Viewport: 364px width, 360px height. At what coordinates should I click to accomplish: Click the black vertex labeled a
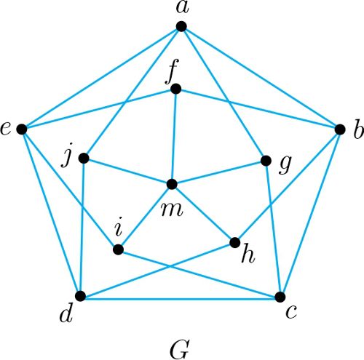pyautogui.click(x=181, y=26)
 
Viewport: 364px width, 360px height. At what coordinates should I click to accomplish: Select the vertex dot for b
pyautogui.click(x=340, y=129)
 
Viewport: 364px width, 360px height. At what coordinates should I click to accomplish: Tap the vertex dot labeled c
pyautogui.click(x=280, y=297)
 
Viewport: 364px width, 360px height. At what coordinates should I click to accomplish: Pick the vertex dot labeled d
pyautogui.click(x=81, y=296)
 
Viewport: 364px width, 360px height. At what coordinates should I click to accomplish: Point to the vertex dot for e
pyautogui.click(x=22, y=129)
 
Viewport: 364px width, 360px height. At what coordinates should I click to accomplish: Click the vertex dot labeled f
pyautogui.click(x=176, y=89)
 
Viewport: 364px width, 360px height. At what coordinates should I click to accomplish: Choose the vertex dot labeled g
pyautogui.click(x=266, y=161)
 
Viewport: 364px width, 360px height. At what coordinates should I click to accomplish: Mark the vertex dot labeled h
pyautogui.click(x=234, y=242)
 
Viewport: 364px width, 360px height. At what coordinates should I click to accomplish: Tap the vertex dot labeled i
pyautogui.click(x=118, y=249)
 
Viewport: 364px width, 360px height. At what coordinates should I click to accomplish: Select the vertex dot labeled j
pyautogui.click(x=84, y=159)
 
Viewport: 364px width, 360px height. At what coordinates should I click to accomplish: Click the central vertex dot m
pyautogui.click(x=172, y=184)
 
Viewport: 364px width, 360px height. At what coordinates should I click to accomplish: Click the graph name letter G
pyautogui.click(x=179, y=349)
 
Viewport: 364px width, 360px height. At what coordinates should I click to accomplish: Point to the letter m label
pyautogui.click(x=172, y=209)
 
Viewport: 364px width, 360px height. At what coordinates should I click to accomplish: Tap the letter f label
pyautogui.click(x=172, y=71)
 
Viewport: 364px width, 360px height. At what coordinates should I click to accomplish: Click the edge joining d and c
pyautogui.click(x=181, y=299)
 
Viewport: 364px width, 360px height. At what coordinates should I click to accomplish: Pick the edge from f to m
pyautogui.click(x=174, y=137)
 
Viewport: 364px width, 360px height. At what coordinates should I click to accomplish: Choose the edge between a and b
pyautogui.click(x=261, y=78)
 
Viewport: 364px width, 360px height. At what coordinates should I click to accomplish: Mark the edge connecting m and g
pyautogui.click(x=219, y=172)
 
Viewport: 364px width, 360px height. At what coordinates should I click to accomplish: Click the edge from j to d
pyautogui.click(x=82, y=227)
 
